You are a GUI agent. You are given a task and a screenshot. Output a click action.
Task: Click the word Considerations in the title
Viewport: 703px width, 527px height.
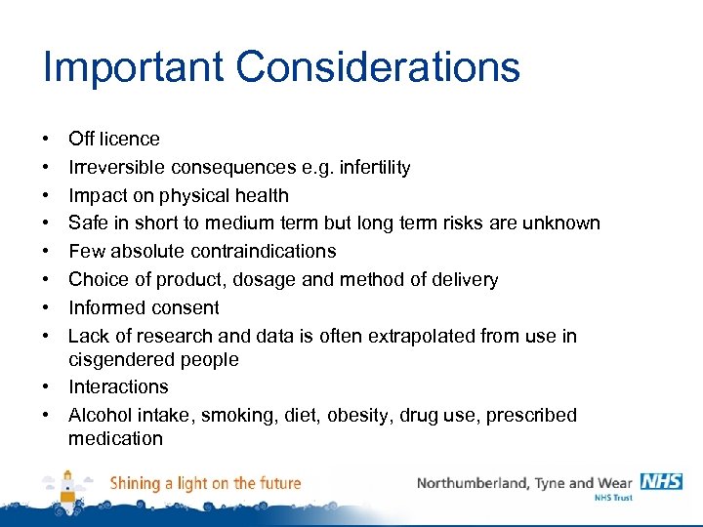[x=379, y=67]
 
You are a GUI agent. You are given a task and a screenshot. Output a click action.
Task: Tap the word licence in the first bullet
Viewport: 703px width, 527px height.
[x=130, y=140]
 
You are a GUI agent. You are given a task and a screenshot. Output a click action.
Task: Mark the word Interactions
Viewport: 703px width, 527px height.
[x=118, y=387]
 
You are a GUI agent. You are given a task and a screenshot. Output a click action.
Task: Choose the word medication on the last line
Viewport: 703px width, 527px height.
[x=115, y=439]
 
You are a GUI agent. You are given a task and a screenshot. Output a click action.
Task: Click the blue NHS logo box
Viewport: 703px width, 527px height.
[x=661, y=482]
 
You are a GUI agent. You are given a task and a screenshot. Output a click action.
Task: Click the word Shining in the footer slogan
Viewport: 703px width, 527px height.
[x=136, y=483]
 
